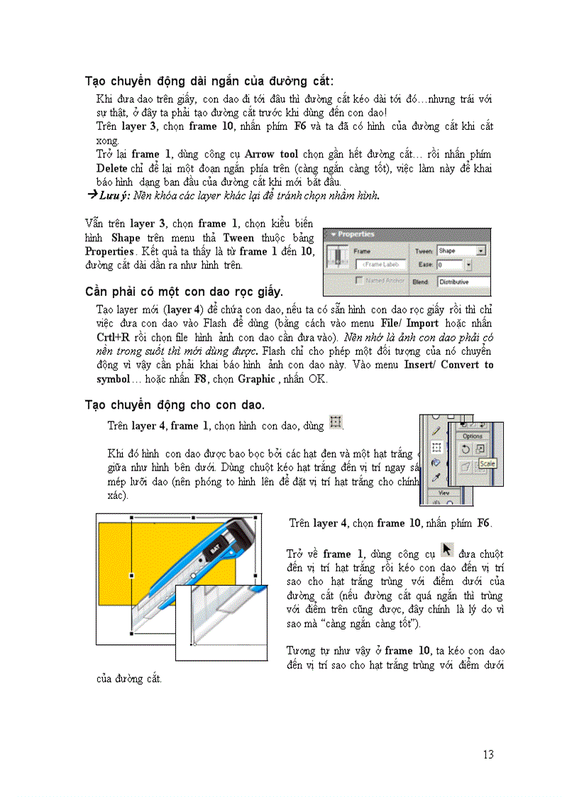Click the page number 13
pyautogui.click(x=487, y=754)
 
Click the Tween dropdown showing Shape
pyautogui.click(x=461, y=251)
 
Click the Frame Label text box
pyautogui.click(x=381, y=265)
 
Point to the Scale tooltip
pyautogui.click(x=487, y=463)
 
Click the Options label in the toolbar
pyautogui.click(x=472, y=436)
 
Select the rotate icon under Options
pyautogui.click(x=465, y=449)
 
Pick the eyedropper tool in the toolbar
pyautogui.click(x=436, y=477)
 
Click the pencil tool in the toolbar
pyautogui.click(x=436, y=431)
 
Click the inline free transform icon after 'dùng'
pyautogui.click(x=336, y=423)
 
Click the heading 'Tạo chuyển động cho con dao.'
pyautogui.click(x=175, y=405)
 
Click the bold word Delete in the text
pyautogui.click(x=112, y=168)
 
